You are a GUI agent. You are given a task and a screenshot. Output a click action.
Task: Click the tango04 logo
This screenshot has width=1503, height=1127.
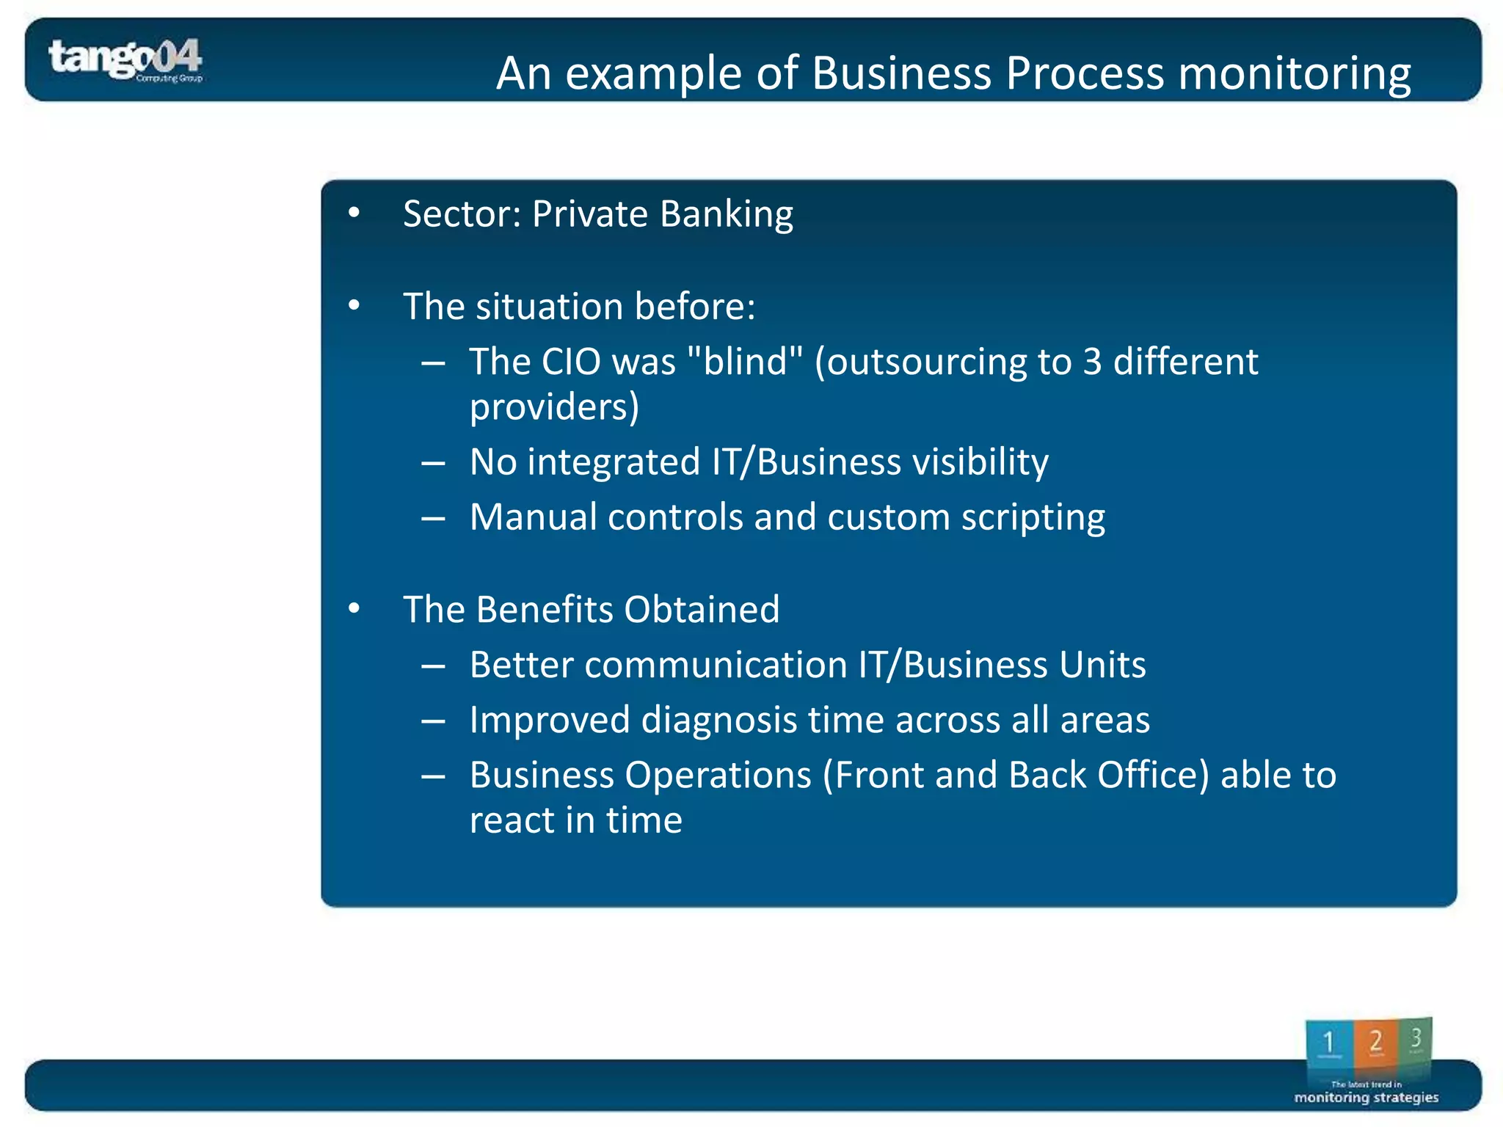pyautogui.click(x=125, y=59)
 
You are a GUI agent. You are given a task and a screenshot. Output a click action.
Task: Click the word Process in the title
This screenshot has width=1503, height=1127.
pyautogui.click(x=1085, y=73)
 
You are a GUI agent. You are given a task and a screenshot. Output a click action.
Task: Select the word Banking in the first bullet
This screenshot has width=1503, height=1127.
pyautogui.click(x=726, y=215)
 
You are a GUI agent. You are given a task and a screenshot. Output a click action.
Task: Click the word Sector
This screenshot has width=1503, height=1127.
pyautogui.click(x=462, y=214)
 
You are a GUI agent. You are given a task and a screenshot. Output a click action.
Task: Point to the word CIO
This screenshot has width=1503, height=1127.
pyautogui.click(x=571, y=362)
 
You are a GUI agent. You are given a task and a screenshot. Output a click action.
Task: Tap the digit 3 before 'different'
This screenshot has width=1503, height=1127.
pyautogui.click(x=1092, y=362)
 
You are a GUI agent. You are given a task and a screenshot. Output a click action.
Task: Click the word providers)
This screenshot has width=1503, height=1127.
pyautogui.click(x=554, y=408)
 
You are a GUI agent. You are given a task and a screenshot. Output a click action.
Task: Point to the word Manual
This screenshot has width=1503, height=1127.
pyautogui.click(x=533, y=517)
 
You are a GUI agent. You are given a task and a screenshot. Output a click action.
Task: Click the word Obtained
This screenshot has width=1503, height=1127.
pyautogui.click(x=702, y=610)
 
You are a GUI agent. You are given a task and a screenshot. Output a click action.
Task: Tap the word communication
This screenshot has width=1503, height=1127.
pyautogui.click(x=716, y=665)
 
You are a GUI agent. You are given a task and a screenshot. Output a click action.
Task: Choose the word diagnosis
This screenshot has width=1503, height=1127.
pyautogui.click(x=718, y=721)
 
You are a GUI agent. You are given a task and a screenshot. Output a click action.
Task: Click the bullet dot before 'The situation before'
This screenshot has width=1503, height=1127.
pyautogui.click(x=354, y=305)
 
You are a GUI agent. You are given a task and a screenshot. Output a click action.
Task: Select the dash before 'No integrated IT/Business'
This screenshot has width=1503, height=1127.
pyautogui.click(x=433, y=463)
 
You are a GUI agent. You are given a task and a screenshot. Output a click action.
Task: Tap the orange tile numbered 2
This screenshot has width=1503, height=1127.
pyautogui.click(x=1375, y=1042)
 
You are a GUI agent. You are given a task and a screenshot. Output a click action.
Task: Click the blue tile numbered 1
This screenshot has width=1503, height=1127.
pyautogui.click(x=1328, y=1042)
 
